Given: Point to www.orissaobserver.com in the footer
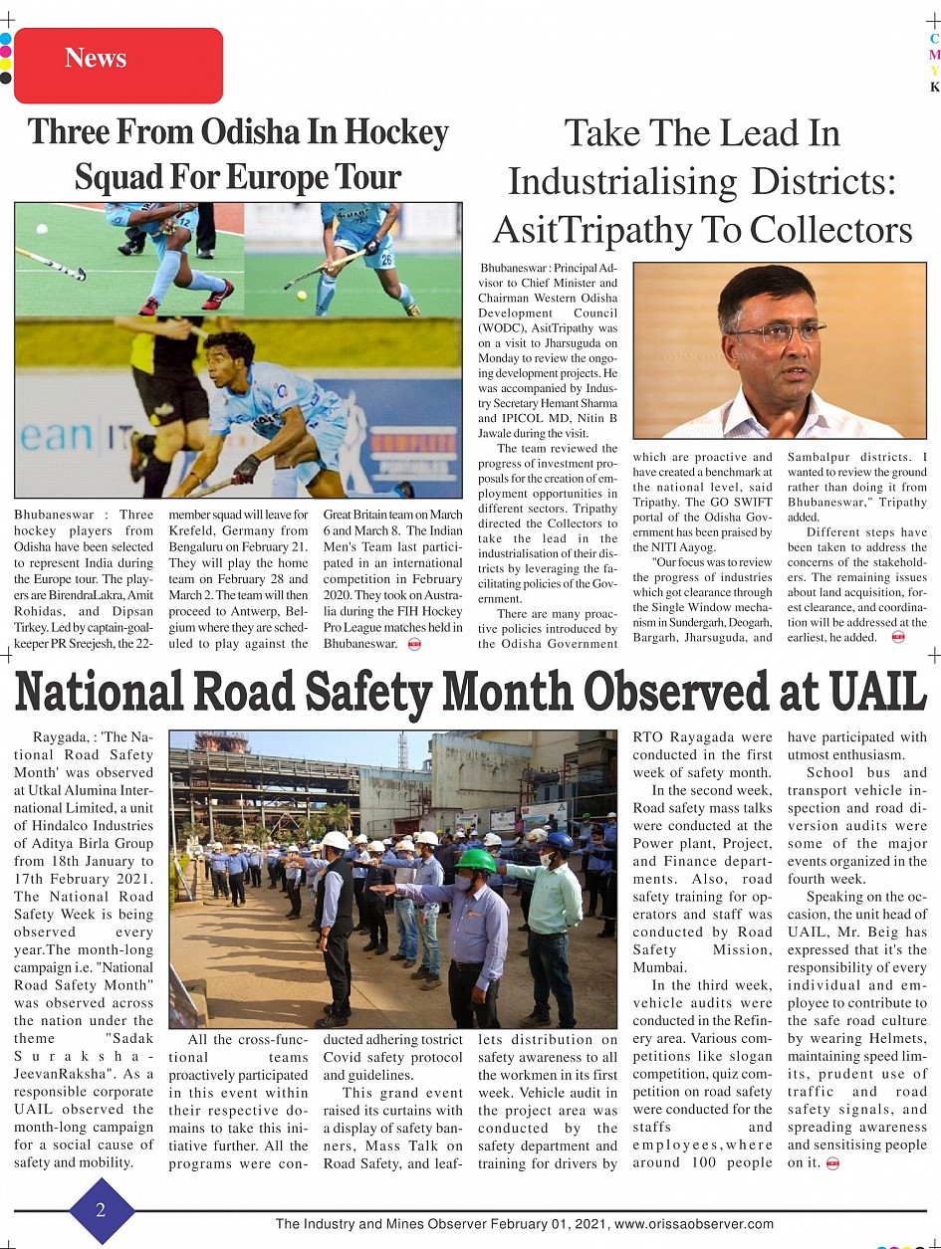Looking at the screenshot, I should [694, 1224].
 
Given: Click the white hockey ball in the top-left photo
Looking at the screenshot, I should [41, 230].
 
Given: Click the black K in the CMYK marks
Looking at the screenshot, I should [934, 87].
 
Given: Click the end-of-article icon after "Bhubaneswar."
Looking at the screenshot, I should [414, 644].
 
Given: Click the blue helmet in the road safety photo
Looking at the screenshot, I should [560, 841].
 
